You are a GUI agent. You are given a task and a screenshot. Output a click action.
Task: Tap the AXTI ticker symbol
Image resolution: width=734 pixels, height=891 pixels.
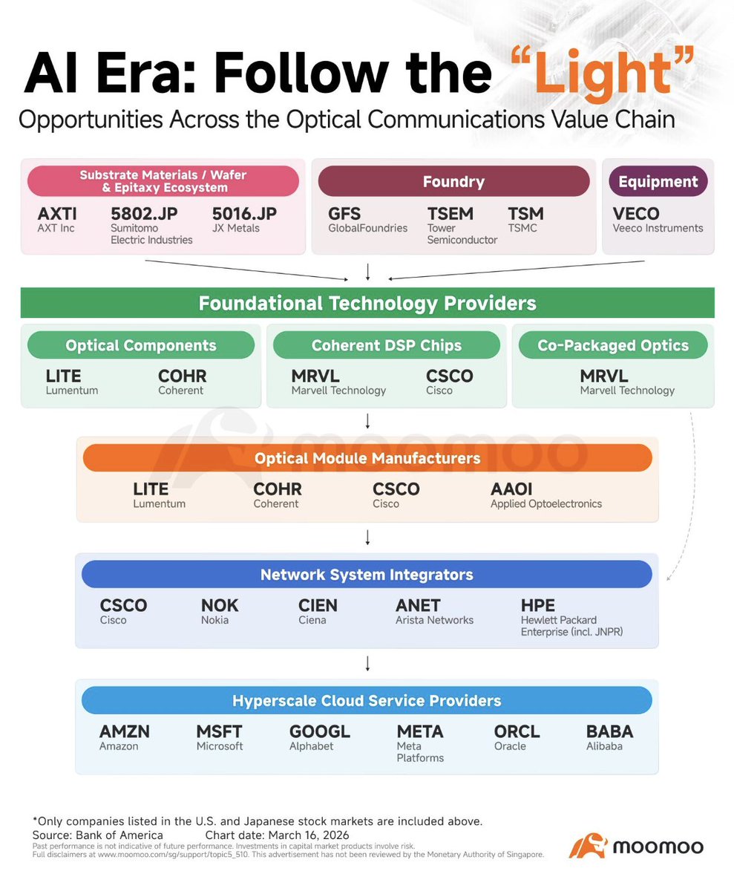point(57,215)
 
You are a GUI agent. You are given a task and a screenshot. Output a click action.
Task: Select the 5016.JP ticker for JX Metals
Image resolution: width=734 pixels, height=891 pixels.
point(244,215)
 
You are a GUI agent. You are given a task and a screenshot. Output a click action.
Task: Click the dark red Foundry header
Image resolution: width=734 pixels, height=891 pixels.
point(453,181)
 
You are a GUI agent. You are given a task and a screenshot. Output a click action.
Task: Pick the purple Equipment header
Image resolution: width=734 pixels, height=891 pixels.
point(658,181)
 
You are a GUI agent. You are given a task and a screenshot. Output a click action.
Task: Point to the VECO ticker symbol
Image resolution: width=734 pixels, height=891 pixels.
point(636,215)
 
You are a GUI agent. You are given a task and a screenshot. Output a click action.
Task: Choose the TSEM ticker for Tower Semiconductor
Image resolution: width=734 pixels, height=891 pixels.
point(450,215)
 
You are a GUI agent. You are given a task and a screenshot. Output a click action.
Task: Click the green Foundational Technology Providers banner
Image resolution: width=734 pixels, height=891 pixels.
point(367,303)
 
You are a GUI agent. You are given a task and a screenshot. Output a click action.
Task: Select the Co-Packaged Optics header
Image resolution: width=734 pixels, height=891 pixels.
point(613,345)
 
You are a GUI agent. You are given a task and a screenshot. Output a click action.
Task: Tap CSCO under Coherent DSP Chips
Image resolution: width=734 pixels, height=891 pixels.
point(449,376)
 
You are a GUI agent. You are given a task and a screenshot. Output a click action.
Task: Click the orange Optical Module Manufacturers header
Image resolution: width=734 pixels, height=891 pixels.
point(367,458)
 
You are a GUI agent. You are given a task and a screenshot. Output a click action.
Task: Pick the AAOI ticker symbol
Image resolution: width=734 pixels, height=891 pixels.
point(511,489)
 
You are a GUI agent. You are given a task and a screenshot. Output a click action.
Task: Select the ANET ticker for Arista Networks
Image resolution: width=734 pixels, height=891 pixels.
point(418,606)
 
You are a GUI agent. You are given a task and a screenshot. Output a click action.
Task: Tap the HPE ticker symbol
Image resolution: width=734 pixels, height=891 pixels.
point(538,606)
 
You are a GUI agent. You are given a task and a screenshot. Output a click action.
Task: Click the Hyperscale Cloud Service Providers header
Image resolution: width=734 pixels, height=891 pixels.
point(367,700)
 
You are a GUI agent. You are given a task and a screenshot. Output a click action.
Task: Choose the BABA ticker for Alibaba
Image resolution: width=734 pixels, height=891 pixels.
point(609,732)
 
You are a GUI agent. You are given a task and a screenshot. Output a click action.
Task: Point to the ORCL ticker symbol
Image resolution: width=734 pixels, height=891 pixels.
point(517,732)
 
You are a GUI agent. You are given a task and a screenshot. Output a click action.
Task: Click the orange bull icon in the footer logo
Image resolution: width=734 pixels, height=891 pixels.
point(586,846)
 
